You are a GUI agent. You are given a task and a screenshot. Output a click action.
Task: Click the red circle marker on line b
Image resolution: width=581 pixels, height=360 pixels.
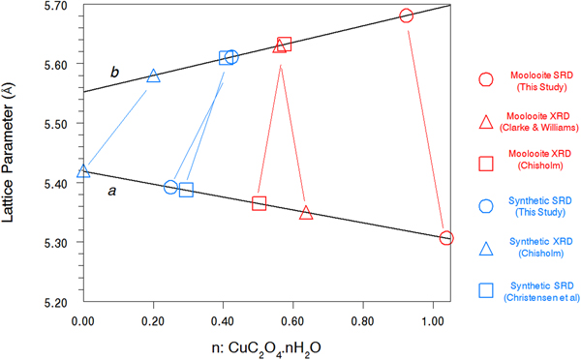[x=407, y=15]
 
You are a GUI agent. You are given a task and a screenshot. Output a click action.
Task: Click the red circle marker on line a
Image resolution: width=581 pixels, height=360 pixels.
[x=446, y=238]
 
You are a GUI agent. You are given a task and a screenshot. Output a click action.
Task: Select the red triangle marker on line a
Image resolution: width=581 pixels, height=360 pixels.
[x=306, y=213]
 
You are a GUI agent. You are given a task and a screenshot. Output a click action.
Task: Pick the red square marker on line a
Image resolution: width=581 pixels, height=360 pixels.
[x=260, y=203]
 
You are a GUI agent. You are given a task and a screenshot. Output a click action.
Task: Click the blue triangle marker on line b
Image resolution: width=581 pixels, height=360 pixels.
[x=153, y=76]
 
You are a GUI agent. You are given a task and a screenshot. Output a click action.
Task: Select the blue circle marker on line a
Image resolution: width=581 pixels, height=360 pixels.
[x=170, y=187]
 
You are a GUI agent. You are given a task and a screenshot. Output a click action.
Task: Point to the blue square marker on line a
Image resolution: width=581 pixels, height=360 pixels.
[x=187, y=190]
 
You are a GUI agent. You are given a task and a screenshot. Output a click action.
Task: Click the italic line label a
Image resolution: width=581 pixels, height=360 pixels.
[x=112, y=193]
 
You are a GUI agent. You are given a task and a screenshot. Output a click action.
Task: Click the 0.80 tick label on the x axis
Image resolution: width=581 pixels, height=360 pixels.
[x=362, y=315]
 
